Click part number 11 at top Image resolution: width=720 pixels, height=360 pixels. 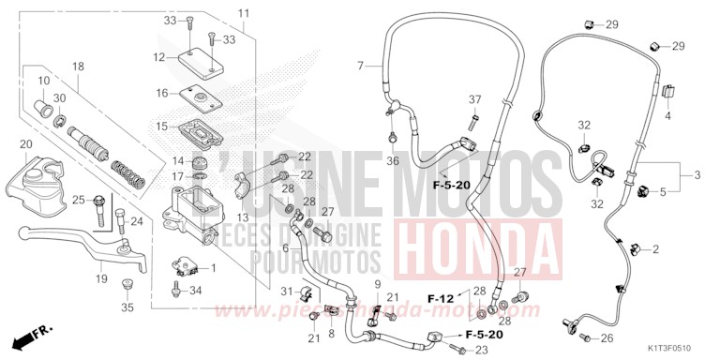pyautogui.click(x=244, y=13)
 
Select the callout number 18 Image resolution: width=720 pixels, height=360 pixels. pyautogui.click(x=78, y=66)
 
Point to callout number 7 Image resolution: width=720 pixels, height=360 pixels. pyautogui.click(x=360, y=66)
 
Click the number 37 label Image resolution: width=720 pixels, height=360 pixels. pyautogui.click(x=474, y=99)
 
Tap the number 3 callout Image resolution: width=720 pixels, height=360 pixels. pyautogui.click(x=697, y=174)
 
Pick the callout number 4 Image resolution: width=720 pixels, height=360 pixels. pyautogui.click(x=668, y=115)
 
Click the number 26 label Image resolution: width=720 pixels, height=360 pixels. pyautogui.click(x=607, y=338)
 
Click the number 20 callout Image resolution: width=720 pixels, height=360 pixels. pyautogui.click(x=25, y=144)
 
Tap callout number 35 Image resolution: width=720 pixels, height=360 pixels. pyautogui.click(x=127, y=307)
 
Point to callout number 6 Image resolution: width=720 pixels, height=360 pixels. pyautogui.click(x=285, y=247)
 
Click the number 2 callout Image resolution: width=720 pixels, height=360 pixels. pyautogui.click(x=655, y=248)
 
